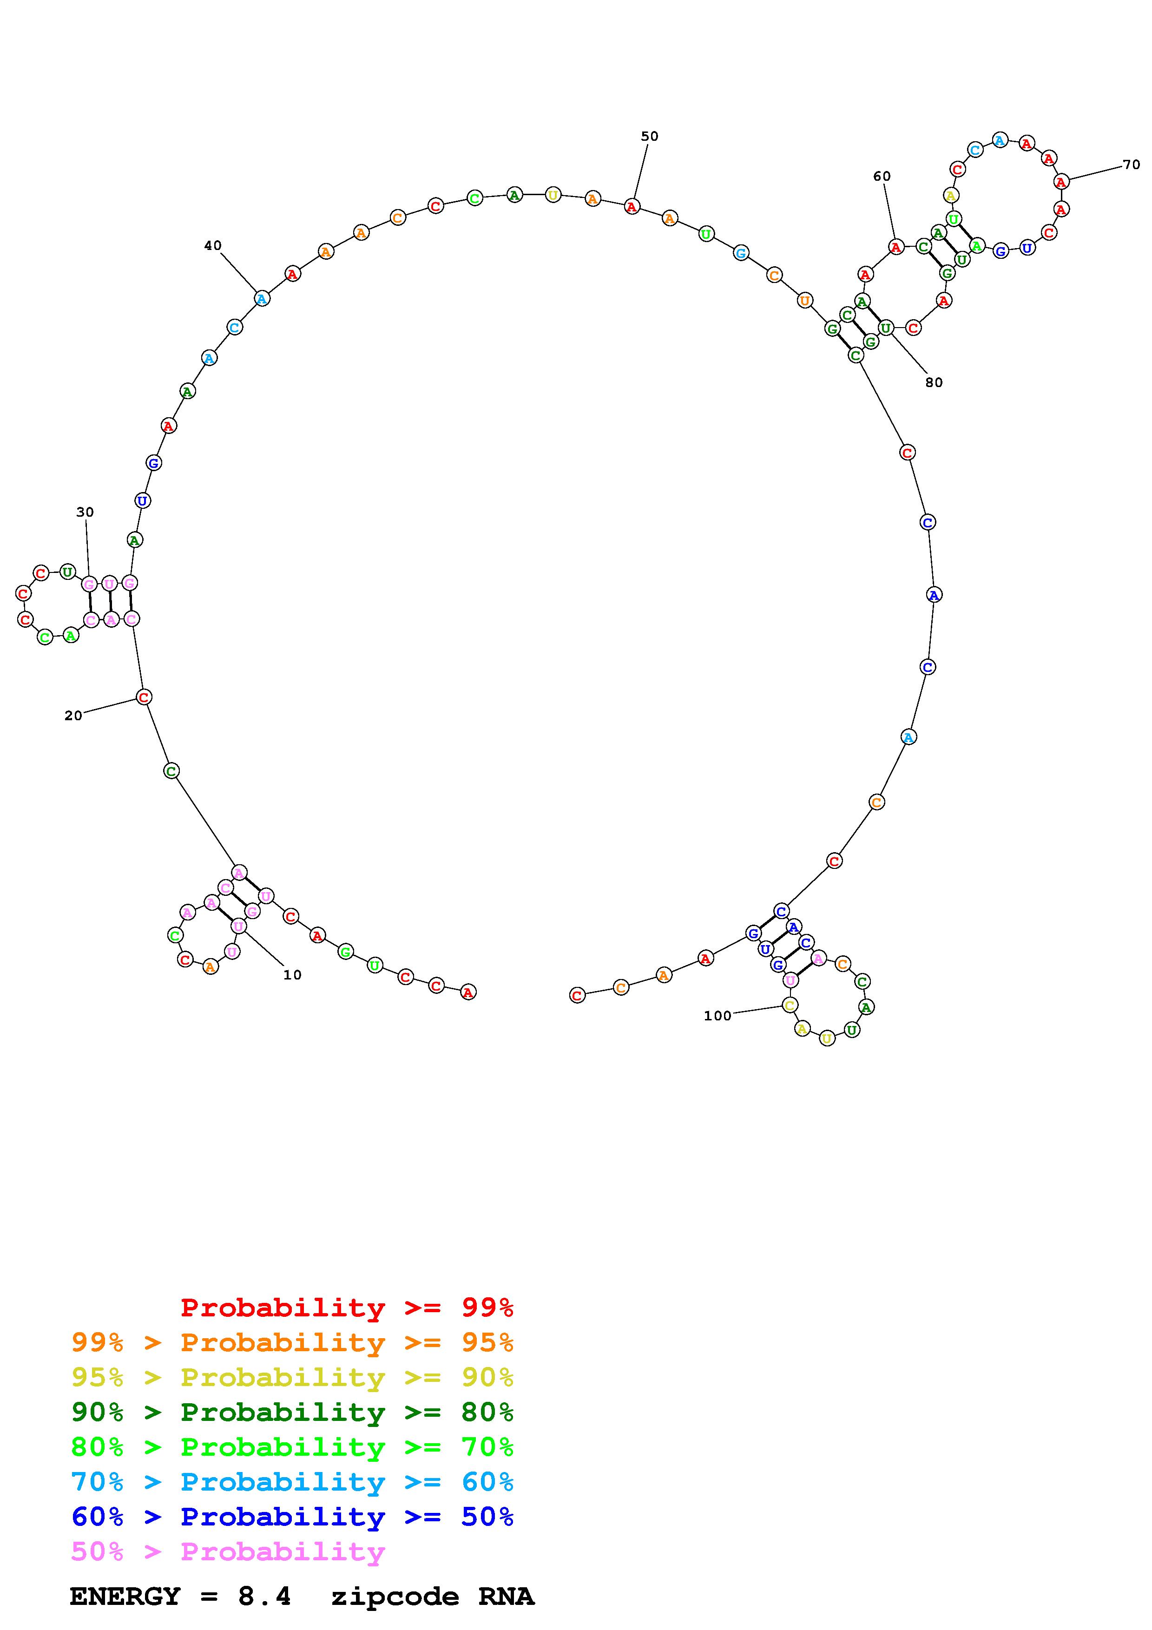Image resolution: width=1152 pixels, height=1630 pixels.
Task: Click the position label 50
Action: (x=650, y=136)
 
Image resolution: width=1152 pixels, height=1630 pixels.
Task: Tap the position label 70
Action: (x=1132, y=164)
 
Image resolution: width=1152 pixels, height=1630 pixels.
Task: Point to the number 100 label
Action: (x=717, y=1016)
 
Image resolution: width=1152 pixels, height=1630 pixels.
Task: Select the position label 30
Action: (x=85, y=512)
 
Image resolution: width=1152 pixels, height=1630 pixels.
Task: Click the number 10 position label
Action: (x=292, y=975)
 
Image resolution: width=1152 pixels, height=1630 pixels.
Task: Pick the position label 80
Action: (x=934, y=383)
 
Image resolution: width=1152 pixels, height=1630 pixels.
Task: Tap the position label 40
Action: (x=213, y=246)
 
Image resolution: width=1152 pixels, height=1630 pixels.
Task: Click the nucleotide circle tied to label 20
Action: (x=144, y=697)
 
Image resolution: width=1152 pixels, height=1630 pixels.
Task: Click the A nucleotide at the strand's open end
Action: (x=468, y=992)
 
